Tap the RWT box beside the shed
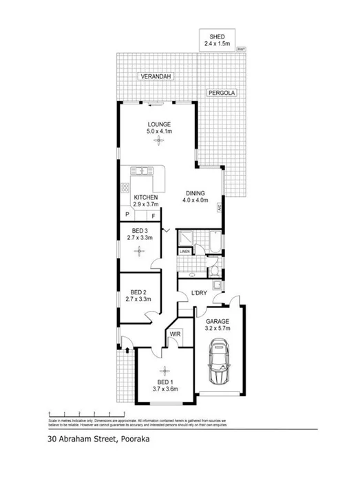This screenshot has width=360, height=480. [241, 49]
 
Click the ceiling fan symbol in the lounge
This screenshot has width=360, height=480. [159, 141]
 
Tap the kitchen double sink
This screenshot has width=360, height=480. [143, 171]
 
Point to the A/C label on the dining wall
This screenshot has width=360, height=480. [219, 208]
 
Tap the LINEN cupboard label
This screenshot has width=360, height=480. [184, 253]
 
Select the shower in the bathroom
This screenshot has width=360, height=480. [184, 238]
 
